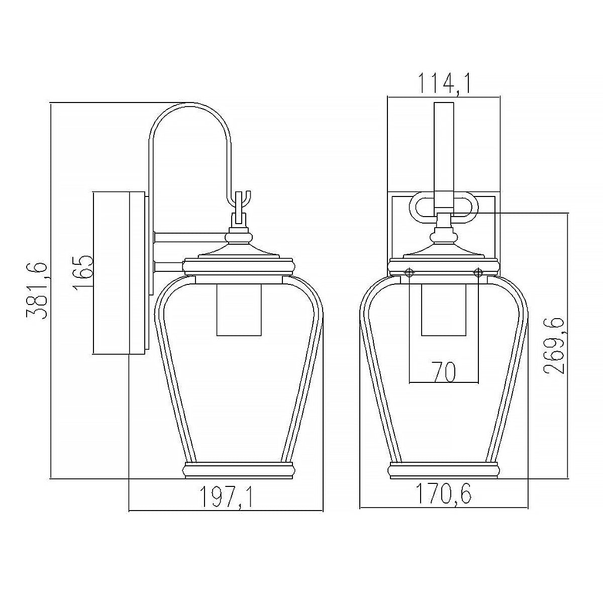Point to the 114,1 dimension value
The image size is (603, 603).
444,84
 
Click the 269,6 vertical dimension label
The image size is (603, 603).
554,345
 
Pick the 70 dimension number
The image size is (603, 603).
444,371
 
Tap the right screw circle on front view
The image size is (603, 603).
478,272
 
